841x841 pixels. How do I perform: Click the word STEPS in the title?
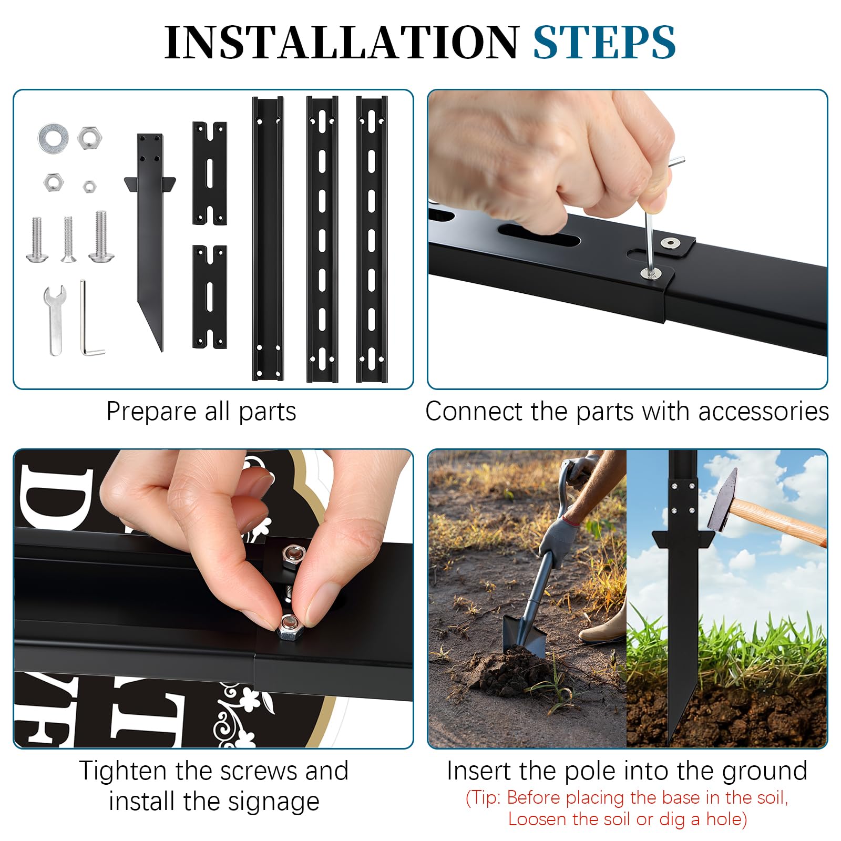604,42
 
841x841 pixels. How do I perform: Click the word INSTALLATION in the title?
342,42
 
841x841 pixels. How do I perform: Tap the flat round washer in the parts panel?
53,138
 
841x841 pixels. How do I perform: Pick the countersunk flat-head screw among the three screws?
68,239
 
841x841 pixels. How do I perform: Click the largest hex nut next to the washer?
90,138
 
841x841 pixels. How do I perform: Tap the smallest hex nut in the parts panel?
89,186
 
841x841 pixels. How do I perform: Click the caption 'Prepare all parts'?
201,412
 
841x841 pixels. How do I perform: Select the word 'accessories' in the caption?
763,412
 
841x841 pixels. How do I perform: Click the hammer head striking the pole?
722,499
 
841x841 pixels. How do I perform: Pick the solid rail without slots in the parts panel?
268,238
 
